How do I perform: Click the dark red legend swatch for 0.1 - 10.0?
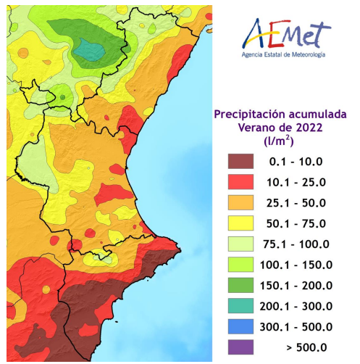pyautogui.click(x=246, y=162)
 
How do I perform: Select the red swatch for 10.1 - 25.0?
pyautogui.click(x=246, y=182)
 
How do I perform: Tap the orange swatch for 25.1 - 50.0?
pyautogui.click(x=246, y=203)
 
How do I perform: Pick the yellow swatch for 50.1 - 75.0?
pyautogui.click(x=246, y=223)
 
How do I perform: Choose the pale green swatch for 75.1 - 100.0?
pyautogui.click(x=246, y=244)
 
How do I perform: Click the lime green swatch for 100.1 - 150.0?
pyautogui.click(x=246, y=265)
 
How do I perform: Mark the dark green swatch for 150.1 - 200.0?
pyautogui.click(x=246, y=286)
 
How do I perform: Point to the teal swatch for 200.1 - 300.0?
pyautogui.click(x=246, y=306)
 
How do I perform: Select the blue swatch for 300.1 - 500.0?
pyautogui.click(x=246, y=327)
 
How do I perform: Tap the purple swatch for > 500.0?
pyautogui.click(x=246, y=347)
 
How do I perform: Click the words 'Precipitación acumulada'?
pyautogui.click(x=280, y=115)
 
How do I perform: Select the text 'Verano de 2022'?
pyautogui.click(x=280, y=128)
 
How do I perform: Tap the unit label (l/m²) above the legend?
pyautogui.click(x=280, y=141)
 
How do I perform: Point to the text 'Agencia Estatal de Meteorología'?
pyautogui.click(x=284, y=55)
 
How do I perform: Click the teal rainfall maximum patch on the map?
pyautogui.click(x=90, y=50)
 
